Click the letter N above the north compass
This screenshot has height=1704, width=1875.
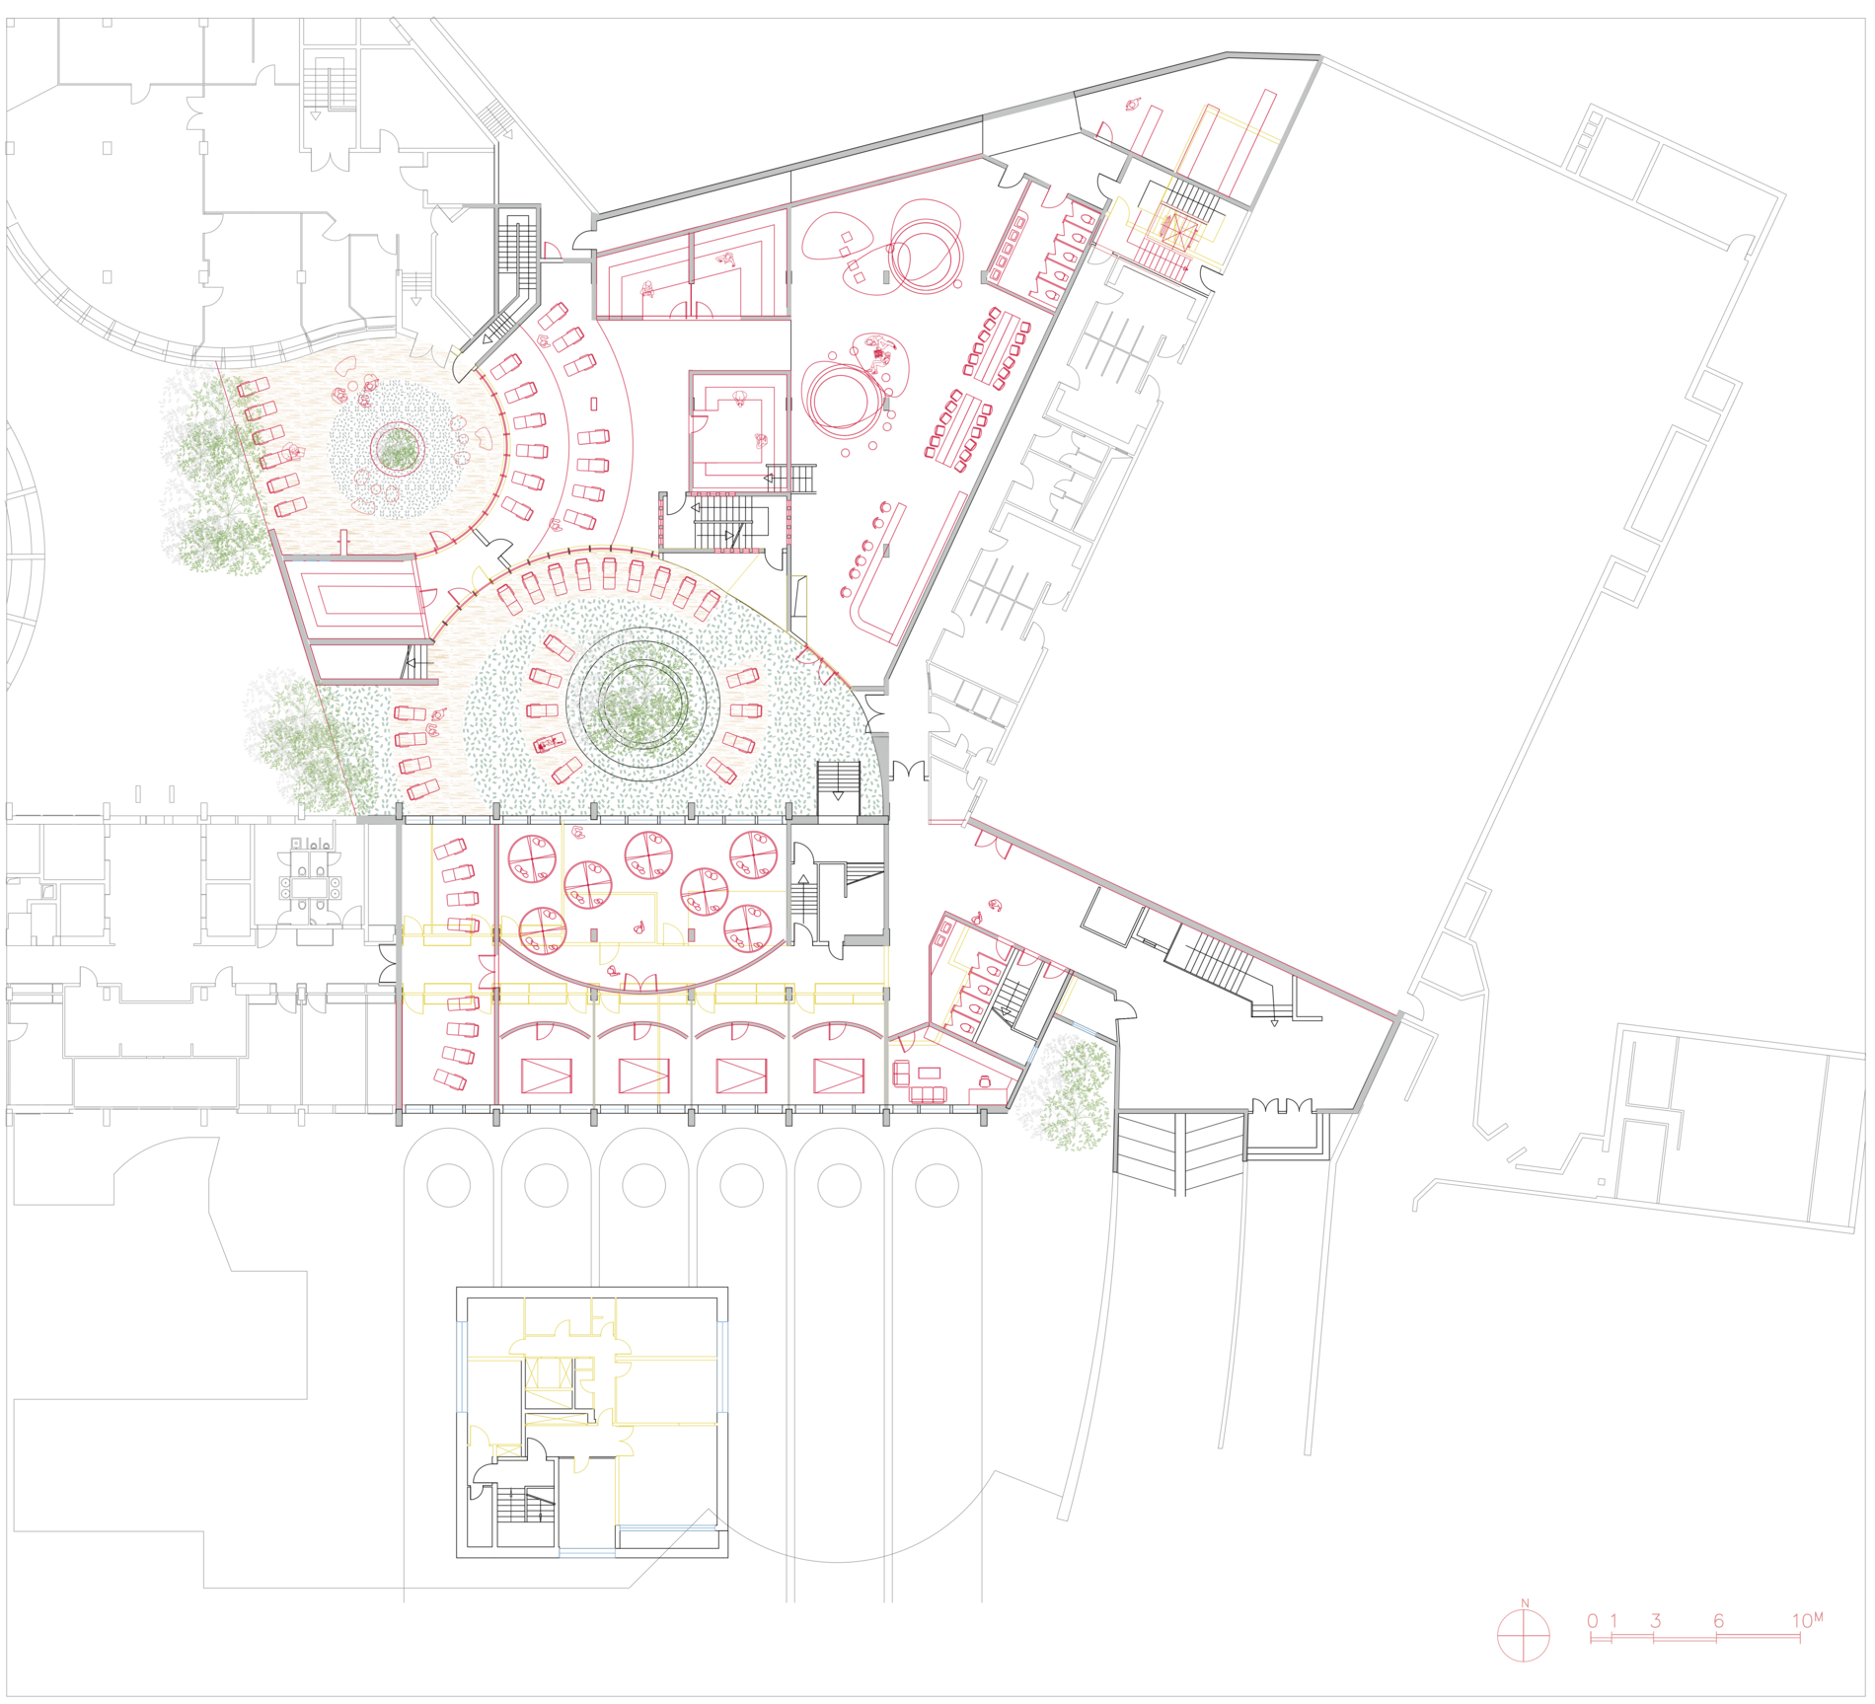pyautogui.click(x=1525, y=1603)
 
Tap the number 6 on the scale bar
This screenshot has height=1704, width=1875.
pyautogui.click(x=1718, y=1621)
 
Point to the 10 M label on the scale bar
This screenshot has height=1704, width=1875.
pyautogui.click(x=1807, y=1620)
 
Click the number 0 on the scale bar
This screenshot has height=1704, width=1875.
pyautogui.click(x=1592, y=1621)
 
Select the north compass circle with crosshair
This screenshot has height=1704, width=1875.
pyautogui.click(x=1524, y=1635)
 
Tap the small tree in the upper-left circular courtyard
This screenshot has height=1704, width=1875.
pyautogui.click(x=398, y=449)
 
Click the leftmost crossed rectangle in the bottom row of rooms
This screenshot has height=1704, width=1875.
pyautogui.click(x=546, y=1076)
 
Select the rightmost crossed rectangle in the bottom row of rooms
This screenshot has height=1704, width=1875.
pyautogui.click(x=838, y=1076)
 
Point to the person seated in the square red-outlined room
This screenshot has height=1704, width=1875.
pyautogui.click(x=739, y=399)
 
